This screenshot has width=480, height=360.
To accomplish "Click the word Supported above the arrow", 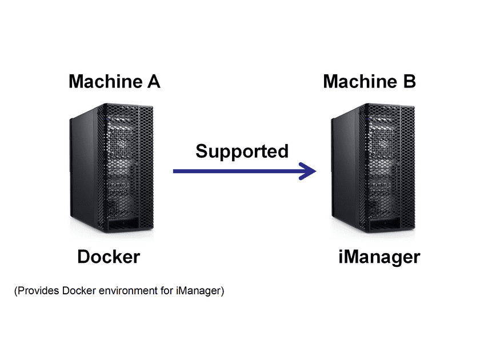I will coord(242,151).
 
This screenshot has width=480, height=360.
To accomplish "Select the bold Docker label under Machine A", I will coord(108,257).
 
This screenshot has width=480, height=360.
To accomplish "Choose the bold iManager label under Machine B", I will coord(379,257).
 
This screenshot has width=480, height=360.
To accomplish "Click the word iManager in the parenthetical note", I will coord(199,291).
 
